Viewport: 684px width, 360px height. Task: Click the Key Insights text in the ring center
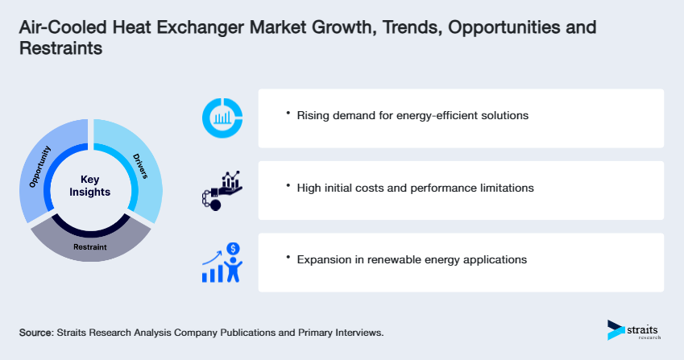point(90,186)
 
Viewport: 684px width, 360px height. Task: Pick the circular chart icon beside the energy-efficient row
point(222,118)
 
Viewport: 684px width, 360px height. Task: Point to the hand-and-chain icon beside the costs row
point(220,190)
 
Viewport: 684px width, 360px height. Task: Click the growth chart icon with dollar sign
point(222,263)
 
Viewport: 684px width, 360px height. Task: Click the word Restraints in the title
point(61,48)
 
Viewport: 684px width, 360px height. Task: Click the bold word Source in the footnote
point(35,332)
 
